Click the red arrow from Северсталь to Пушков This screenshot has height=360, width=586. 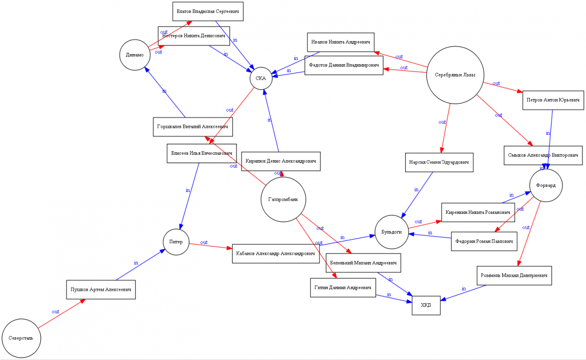pos(62,314)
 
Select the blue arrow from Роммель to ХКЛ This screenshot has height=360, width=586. pos(463,293)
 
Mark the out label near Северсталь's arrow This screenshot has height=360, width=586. pos(55,311)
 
